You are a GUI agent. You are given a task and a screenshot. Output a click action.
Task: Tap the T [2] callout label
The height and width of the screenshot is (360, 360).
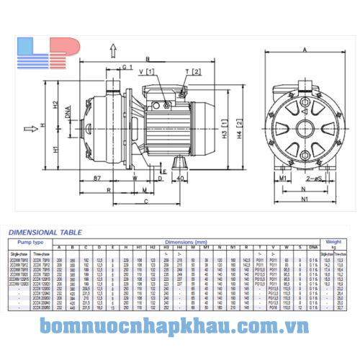coord(192,71)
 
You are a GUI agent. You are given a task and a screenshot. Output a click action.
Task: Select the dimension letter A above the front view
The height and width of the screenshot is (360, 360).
coord(305,49)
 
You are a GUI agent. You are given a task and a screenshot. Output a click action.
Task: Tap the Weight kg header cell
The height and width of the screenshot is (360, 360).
coord(332,245)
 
